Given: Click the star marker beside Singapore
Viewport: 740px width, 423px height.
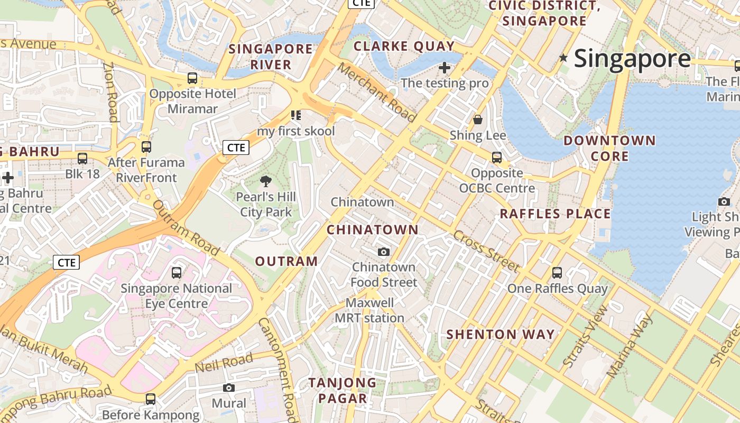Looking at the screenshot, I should point(563,58).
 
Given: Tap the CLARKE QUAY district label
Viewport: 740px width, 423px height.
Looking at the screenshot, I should point(404,46).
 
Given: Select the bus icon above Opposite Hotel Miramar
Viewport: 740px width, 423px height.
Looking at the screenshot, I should point(192,78).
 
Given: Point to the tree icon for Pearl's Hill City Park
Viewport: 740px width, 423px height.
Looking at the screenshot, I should point(266,181).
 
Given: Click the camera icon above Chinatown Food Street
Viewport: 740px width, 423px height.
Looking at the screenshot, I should point(384,252).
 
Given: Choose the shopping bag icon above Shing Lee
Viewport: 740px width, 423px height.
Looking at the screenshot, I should point(478,119).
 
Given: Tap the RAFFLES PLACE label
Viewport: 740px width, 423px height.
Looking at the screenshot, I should point(555,214).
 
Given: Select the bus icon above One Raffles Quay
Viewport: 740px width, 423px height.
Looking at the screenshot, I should point(557,273).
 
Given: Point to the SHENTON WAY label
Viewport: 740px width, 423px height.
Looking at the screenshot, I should point(501,334).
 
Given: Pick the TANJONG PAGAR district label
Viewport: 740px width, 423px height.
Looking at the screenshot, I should point(343,390).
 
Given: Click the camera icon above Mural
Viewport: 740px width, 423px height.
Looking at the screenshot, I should point(229,388).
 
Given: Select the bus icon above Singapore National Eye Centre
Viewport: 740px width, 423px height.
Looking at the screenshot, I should point(177,273).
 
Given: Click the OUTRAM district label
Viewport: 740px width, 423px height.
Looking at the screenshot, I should point(286,261).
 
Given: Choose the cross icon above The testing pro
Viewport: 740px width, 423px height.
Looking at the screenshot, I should point(445,68).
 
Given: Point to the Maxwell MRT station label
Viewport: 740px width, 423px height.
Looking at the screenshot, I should point(370,310).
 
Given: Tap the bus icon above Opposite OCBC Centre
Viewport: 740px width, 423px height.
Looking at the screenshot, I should point(497,157).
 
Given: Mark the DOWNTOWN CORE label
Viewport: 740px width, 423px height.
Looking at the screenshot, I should point(609,148).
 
